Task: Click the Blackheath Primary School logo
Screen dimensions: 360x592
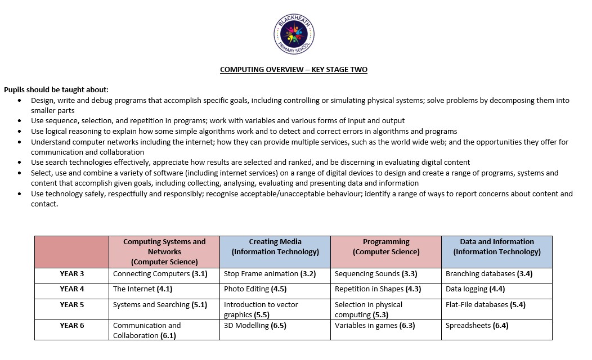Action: [x=294, y=35]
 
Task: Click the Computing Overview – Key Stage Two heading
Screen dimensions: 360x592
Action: [x=294, y=70]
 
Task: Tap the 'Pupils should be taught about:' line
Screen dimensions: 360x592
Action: [x=56, y=89]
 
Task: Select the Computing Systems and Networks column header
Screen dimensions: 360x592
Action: [x=164, y=251]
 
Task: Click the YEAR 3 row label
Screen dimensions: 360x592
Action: [x=72, y=274]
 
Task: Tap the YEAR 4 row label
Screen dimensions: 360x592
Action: [x=72, y=289]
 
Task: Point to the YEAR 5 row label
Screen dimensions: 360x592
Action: [x=72, y=304]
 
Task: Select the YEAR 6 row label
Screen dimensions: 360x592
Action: [x=72, y=325]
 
